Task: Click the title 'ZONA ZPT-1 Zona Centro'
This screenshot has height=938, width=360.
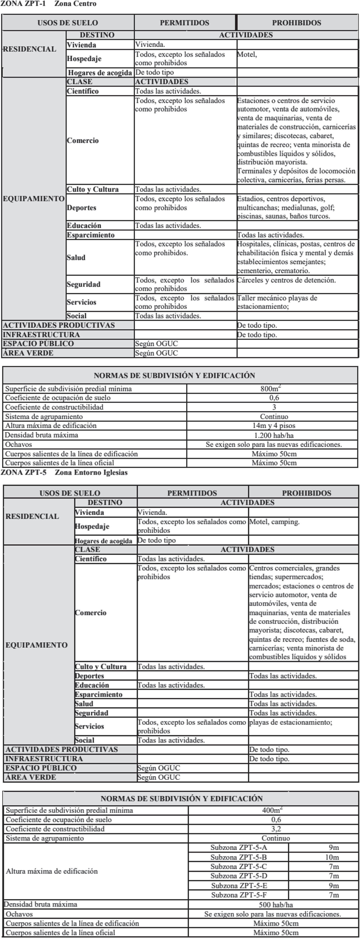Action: tap(48, 4)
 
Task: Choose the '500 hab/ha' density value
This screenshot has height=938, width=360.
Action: tap(276, 904)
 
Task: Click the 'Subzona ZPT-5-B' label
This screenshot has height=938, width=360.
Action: tap(238, 857)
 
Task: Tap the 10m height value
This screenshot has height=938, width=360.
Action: tap(332, 857)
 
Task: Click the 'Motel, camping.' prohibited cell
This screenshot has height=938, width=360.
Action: tap(275, 522)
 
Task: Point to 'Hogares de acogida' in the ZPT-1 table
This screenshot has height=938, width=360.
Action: tap(100, 73)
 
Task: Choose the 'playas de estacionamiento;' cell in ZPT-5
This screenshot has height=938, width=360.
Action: tap(290, 722)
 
